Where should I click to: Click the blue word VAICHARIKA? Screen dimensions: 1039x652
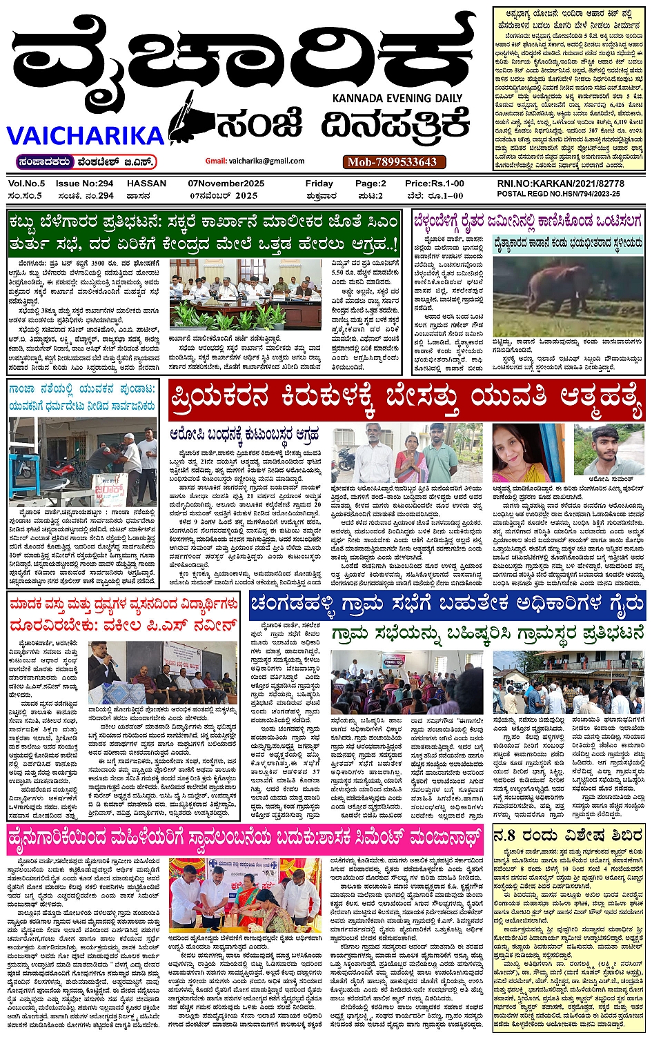point(86,135)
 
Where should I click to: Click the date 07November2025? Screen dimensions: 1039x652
point(226,184)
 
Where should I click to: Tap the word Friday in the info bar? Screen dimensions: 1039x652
point(319,184)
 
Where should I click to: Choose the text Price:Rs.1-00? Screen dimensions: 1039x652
point(435,184)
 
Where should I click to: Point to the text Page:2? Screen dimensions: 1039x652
point(371,184)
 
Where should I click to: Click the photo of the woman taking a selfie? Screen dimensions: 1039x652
point(518,452)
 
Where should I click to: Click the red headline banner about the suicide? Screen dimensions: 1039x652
point(405,398)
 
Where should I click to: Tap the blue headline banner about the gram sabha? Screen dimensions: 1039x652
point(447,605)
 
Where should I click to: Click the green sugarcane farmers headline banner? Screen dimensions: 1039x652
point(204,232)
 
